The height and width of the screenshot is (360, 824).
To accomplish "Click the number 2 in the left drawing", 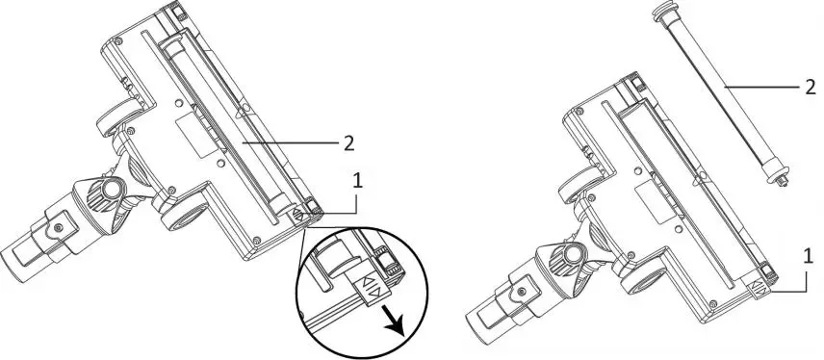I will coord(348,143).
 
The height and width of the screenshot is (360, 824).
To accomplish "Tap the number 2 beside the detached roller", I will coord(811,86).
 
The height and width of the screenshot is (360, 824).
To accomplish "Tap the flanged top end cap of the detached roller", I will coord(662,13).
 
